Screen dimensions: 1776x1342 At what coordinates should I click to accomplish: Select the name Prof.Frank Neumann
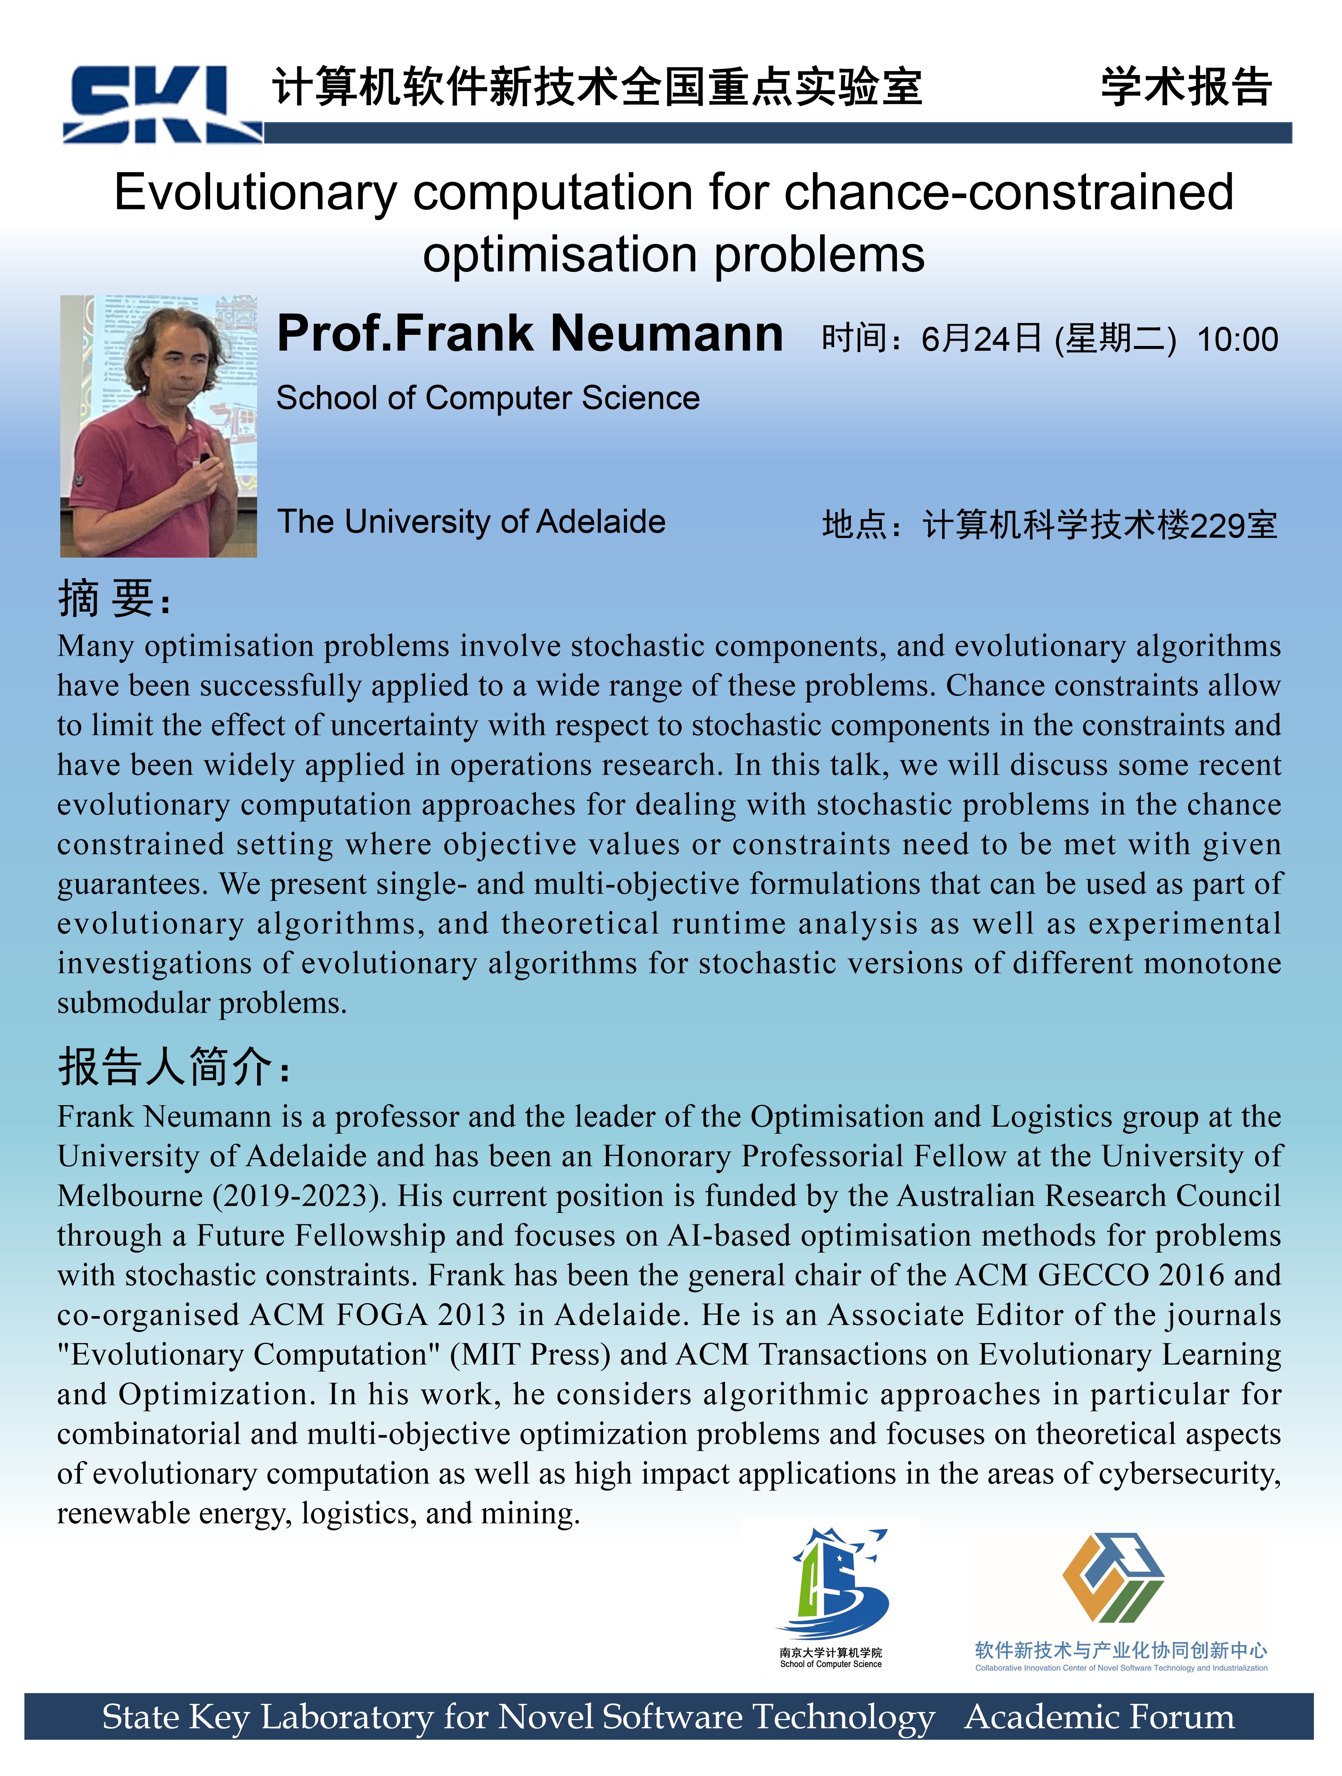(530, 334)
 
